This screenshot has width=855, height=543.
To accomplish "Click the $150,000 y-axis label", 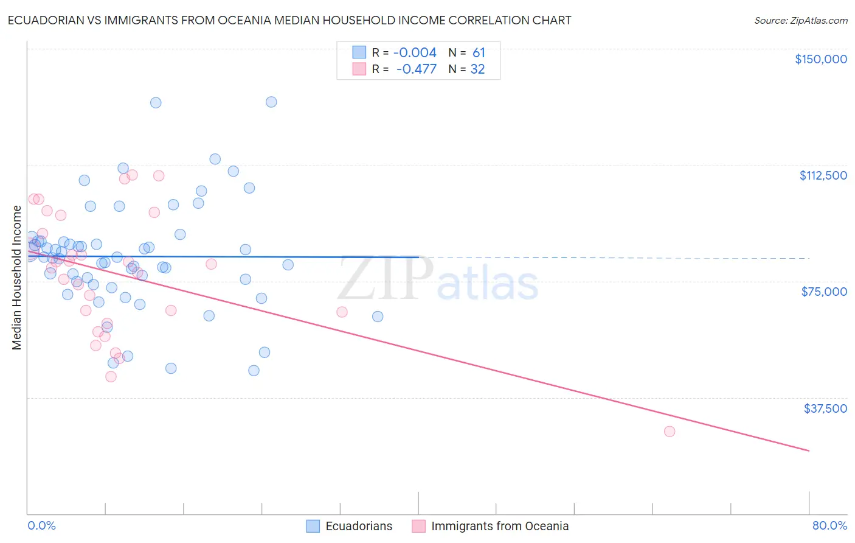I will [x=820, y=59].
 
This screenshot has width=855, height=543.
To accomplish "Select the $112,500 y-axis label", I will [x=823, y=175].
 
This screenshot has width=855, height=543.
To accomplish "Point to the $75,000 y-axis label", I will [x=824, y=292].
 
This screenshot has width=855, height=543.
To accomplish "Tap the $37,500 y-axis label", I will [x=825, y=408].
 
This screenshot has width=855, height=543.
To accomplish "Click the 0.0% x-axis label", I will [x=41, y=525].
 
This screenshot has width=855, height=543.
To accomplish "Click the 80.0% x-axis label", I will [x=829, y=525].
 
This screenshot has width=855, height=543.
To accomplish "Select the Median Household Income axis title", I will [x=17, y=278].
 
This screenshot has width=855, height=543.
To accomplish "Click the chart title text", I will [x=289, y=20].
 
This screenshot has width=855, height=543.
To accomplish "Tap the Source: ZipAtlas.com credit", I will [x=800, y=21].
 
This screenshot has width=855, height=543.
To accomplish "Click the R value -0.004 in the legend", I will [x=415, y=53].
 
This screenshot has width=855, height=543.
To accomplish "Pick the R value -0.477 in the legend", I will [x=416, y=69].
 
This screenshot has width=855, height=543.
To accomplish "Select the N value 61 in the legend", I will [x=479, y=53].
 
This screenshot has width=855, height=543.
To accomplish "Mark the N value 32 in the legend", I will [x=477, y=69].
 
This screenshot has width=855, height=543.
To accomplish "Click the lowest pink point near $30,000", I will [x=670, y=431].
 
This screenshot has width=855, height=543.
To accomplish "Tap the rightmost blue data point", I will [x=378, y=317].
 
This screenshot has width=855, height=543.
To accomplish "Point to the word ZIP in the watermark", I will [x=385, y=279].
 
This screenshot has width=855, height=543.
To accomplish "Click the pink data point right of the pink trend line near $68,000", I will [x=342, y=312].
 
